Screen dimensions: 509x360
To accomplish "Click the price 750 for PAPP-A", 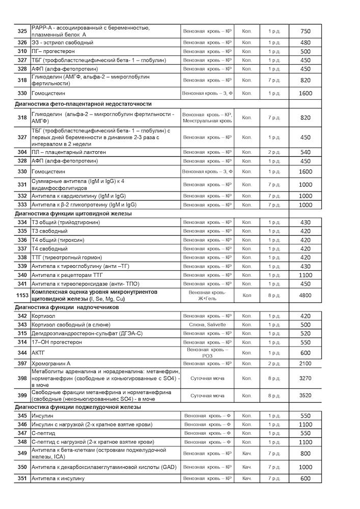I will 305,31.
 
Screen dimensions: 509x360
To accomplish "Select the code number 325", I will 22,31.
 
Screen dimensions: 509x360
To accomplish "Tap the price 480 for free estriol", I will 305,43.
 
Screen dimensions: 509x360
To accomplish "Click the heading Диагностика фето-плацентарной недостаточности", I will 84,104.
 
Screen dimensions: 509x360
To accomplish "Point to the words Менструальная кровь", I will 207,121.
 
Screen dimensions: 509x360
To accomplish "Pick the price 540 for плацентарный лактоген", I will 305,152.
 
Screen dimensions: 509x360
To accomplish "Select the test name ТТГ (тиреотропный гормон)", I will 67,258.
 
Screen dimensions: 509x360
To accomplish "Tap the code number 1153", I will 22,295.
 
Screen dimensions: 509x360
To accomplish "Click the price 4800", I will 305,295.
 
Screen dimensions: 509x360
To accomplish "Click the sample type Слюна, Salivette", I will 207,325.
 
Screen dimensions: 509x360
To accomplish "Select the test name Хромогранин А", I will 51,363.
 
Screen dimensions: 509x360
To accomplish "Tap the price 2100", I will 305,363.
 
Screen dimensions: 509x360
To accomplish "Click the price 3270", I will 305,379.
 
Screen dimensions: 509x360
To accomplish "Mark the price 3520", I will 305,395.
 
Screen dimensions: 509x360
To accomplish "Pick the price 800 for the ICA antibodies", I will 305,454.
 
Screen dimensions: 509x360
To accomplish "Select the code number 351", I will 22,478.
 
